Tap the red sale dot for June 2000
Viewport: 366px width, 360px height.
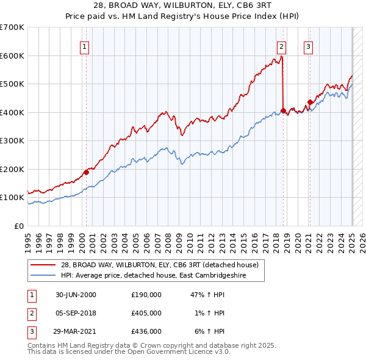click(86, 172)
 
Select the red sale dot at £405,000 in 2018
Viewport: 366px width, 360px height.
click(283, 111)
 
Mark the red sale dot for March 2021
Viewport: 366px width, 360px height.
click(310, 102)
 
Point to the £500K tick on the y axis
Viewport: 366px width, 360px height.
click(13, 84)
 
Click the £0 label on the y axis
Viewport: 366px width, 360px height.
click(20, 226)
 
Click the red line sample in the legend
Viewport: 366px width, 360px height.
click(43, 265)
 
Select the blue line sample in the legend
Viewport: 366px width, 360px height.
click(43, 275)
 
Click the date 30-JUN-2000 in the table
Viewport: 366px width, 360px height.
click(76, 294)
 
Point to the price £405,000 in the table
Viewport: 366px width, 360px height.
click(146, 313)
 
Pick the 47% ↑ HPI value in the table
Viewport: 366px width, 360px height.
click(209, 294)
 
